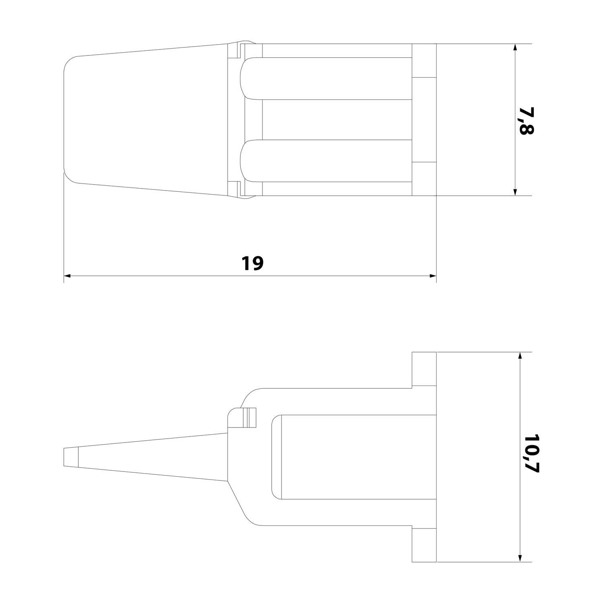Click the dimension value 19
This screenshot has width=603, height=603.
click(252, 263)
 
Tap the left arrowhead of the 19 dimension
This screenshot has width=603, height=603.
click(68, 276)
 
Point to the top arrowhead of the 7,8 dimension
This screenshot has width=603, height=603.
click(515, 47)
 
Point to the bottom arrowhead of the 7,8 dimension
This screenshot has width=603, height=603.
click(515, 192)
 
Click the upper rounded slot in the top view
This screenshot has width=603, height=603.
click(326, 78)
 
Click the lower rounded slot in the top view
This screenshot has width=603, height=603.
click(326, 161)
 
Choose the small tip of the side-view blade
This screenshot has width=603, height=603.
click(70, 457)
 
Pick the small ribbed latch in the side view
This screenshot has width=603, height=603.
click(250, 417)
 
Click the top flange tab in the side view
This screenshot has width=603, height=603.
click(424, 369)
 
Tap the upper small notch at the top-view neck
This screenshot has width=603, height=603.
click(237, 51)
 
